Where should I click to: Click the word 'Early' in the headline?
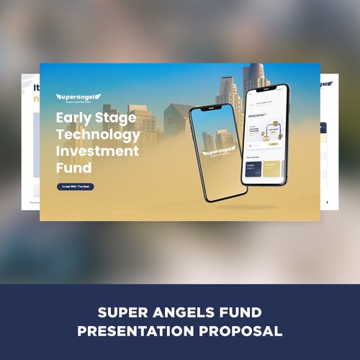tap(75, 118)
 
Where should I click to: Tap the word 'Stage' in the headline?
tap(115, 118)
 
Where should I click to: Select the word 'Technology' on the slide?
tap(98, 135)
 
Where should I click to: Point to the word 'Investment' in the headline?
tap(97, 151)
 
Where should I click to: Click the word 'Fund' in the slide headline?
tap(75, 168)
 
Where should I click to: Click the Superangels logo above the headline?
tap(78, 97)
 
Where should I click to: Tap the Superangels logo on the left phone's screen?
tap(218, 153)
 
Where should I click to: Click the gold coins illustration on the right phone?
tap(274, 132)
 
